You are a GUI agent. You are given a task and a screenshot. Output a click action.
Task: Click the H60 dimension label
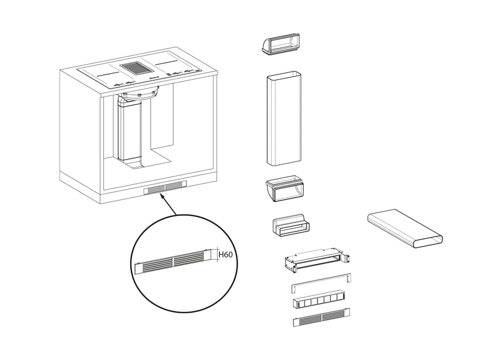tap(225, 255)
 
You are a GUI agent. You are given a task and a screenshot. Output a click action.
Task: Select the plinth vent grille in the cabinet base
tap(164, 188)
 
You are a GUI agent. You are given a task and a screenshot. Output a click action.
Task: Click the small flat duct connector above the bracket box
tap(290, 228)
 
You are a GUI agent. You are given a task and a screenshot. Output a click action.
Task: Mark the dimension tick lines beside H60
tap(213, 254)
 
